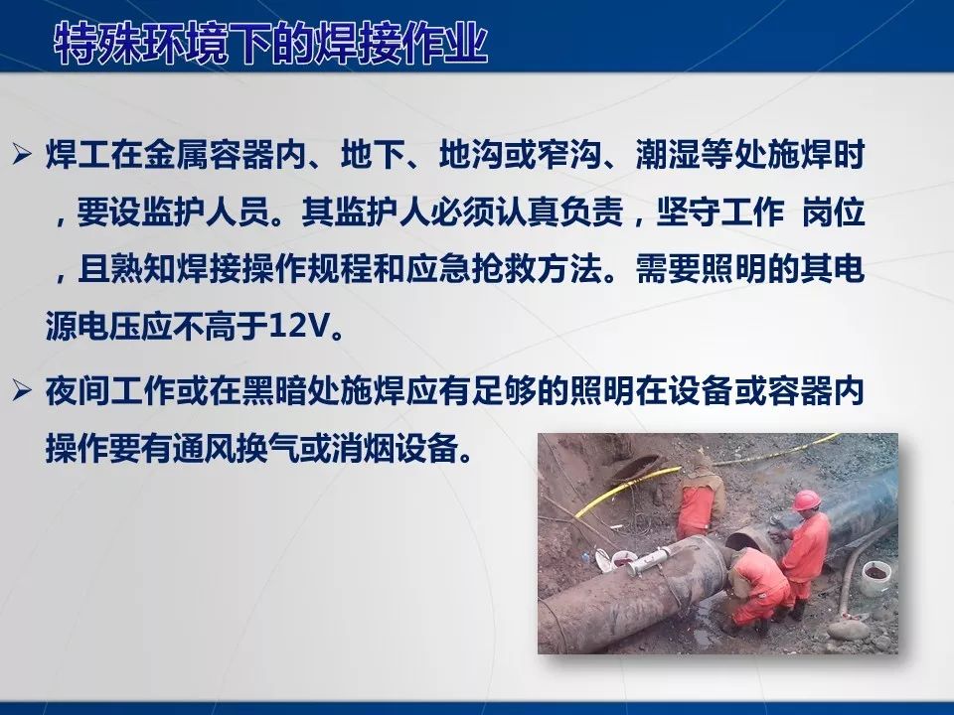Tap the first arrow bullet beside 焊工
point(23,155)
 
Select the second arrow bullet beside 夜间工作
point(23,392)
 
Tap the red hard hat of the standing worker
point(807,499)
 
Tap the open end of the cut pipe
point(745,540)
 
